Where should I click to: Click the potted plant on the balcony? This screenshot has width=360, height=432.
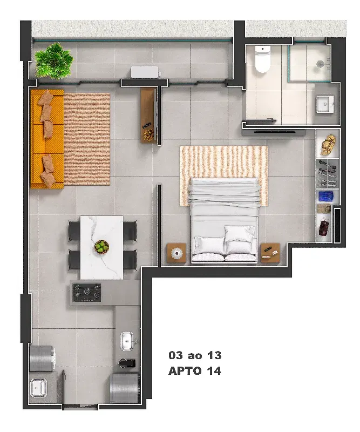[x=54, y=61]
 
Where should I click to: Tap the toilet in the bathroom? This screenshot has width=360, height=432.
[x=262, y=59]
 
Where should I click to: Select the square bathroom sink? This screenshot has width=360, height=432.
[x=325, y=104]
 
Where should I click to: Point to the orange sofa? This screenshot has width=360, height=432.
[x=47, y=139]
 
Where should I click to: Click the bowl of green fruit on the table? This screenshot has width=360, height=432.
[x=101, y=246]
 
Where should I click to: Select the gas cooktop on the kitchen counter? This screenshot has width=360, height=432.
[x=87, y=293]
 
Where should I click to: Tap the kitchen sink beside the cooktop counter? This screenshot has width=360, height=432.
[x=127, y=341]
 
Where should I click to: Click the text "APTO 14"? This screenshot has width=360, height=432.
[x=195, y=371]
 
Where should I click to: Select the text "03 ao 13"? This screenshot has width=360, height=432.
[x=195, y=355]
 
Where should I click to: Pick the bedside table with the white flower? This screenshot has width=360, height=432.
[x=176, y=253]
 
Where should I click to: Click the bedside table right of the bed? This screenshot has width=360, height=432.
[x=270, y=253]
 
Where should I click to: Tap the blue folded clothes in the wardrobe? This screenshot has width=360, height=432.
[x=326, y=197]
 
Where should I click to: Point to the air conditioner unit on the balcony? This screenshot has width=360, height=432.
[x=145, y=72]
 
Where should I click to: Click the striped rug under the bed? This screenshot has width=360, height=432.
[x=223, y=176]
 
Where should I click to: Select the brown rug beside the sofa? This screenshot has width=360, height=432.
[x=87, y=139]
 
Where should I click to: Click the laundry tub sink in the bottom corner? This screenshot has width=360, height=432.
[x=38, y=388]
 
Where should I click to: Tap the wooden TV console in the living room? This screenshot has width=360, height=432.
[x=149, y=116]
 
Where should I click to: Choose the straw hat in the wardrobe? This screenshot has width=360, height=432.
[x=328, y=144]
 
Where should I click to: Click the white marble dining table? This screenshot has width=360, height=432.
[x=101, y=248]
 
